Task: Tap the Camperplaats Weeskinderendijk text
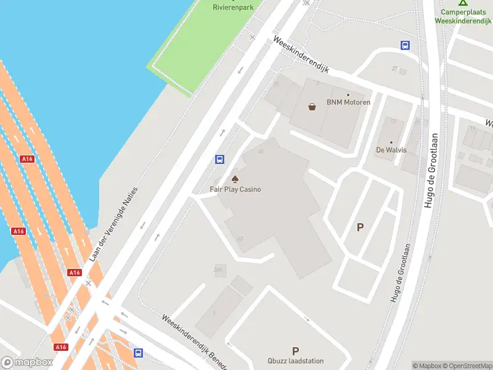click(463, 17)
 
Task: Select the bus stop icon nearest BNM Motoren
click(405, 45)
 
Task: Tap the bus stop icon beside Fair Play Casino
click(219, 159)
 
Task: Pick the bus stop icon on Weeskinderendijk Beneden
click(139, 353)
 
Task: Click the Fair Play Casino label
click(234, 189)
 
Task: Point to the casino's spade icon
click(234, 179)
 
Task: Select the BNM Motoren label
click(348, 102)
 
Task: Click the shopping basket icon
click(312, 106)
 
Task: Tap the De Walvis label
click(391, 150)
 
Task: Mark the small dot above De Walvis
click(391, 142)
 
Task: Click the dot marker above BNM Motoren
click(348, 95)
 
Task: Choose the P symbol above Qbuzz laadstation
click(295, 350)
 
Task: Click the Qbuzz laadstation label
click(295, 361)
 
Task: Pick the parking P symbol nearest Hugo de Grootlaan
click(360, 227)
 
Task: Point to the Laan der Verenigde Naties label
click(115, 224)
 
